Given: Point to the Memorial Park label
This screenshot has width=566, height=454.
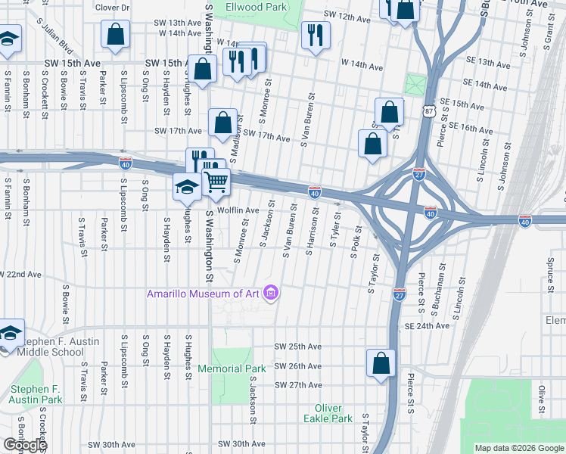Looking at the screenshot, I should click(232, 368).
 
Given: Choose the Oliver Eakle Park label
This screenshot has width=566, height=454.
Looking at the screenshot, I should click(328, 413).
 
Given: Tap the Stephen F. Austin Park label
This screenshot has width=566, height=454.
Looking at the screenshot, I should click(35, 393).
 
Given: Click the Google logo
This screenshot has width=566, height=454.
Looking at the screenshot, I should click(25, 445).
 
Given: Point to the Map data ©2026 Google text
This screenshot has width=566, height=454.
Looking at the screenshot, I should click(518, 448).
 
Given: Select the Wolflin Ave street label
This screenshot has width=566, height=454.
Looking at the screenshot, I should click(238, 210).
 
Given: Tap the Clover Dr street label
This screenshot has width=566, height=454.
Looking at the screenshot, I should click(112, 8).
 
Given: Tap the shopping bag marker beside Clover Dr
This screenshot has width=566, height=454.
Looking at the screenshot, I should click(116, 34).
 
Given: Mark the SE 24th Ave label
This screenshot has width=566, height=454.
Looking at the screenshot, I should click(427, 326).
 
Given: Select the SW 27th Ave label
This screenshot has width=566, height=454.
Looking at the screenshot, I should click(298, 384).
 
